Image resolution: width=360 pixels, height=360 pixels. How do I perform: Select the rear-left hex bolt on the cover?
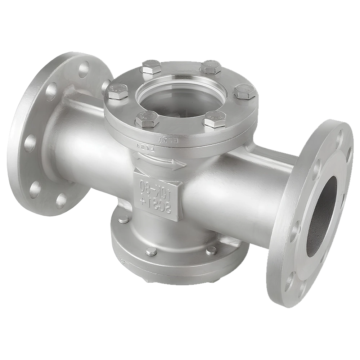[151, 67]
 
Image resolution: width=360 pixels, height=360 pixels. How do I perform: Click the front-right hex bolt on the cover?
[215, 118]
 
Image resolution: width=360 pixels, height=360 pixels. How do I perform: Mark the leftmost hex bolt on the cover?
[118, 91]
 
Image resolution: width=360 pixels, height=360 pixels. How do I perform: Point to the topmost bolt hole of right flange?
[339, 137]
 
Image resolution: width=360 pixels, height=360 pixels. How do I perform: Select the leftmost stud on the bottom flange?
[123, 219]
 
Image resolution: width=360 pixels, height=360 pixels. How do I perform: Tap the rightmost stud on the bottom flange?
[211, 250]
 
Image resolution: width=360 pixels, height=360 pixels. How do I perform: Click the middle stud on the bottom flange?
[152, 251]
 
